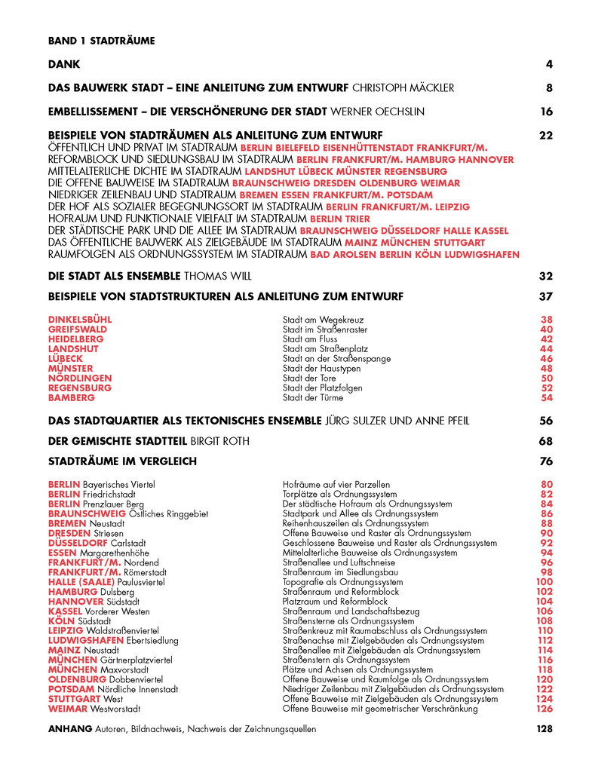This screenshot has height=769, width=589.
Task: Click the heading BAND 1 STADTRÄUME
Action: tap(101, 41)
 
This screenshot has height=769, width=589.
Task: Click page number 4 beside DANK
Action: tap(549, 65)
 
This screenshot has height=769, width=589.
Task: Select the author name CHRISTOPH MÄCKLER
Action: tap(403, 88)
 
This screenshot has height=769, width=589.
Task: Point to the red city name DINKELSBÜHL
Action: tap(80, 320)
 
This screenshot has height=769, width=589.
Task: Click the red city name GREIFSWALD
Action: tap(78, 329)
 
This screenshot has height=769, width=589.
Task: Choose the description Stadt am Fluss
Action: tap(310, 339)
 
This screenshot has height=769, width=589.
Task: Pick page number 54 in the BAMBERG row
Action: tap(548, 397)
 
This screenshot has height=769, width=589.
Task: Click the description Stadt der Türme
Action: tap(313, 397)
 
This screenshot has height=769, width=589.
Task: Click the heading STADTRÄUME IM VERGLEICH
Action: tap(122, 461)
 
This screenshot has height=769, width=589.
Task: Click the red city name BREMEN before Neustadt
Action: tap(67, 523)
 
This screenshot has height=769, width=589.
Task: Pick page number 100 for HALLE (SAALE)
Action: tap(545, 582)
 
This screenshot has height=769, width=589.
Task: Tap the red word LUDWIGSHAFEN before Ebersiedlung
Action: tap(86, 641)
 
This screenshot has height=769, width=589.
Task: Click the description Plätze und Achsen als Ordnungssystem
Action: tap(357, 669)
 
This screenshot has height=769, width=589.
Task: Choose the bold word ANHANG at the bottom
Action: tap(70, 729)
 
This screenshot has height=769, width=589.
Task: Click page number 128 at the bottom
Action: tap(545, 729)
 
